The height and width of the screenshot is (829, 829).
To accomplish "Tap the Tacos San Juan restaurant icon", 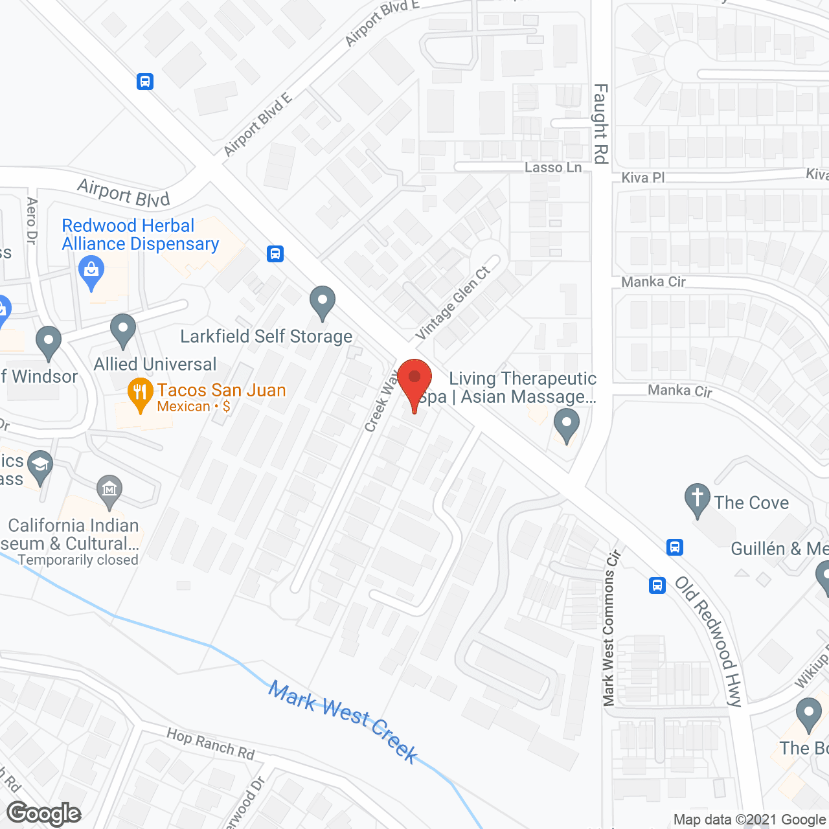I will pos(140,393).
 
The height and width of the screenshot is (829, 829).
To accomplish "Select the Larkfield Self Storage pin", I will pos(322,302).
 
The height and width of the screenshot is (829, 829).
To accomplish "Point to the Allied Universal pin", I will pos(123,330).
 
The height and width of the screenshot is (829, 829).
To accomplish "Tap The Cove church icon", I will pos(697,499).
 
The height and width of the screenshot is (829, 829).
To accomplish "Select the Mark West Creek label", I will pos(344,721).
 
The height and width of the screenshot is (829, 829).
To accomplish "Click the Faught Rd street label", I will pos(600,123).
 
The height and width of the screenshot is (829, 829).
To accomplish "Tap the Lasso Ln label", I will pos(553,167).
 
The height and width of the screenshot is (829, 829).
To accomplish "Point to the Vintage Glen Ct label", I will pos(453,302).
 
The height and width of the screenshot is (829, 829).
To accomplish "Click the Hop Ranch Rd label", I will pos(210,744).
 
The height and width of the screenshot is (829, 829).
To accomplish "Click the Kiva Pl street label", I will pos(642,177).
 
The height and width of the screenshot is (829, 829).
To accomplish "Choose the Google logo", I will pos(44,813).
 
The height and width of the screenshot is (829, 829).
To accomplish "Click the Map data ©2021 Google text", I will pos(749,820).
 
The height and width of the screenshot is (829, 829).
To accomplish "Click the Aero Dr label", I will pos(32,220).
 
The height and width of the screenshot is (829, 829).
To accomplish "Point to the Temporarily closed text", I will pos(78,560).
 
